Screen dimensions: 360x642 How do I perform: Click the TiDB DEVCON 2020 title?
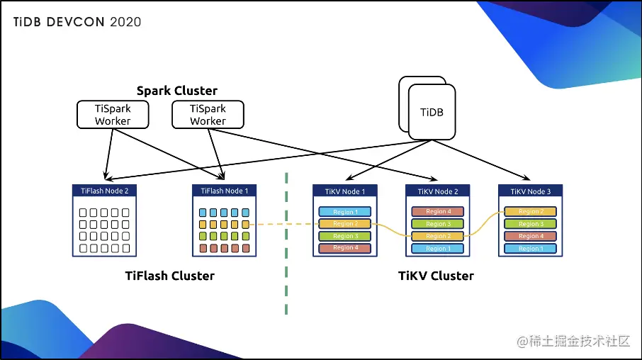[77, 22]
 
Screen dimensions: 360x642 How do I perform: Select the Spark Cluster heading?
[176, 91]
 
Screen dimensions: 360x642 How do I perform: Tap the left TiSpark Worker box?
[113, 115]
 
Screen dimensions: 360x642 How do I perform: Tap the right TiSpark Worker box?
[208, 115]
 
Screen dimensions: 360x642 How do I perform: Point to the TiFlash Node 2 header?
[104, 191]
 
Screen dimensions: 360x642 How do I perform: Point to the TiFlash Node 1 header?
[225, 191]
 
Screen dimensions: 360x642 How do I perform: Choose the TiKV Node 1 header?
[344, 191]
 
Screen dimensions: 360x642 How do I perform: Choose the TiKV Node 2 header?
[437, 191]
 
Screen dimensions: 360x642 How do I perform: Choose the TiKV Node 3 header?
[529, 191]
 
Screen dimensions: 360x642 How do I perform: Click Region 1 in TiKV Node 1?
[344, 212]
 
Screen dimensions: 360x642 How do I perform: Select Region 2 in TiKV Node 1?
[344, 224]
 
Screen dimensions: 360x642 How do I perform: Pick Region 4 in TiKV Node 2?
[437, 211]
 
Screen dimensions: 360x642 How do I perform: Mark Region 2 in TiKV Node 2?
[437, 236]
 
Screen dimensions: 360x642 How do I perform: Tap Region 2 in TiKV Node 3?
[529, 211]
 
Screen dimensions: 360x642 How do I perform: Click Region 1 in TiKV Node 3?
[529, 249]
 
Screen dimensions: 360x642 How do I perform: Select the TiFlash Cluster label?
[169, 276]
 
